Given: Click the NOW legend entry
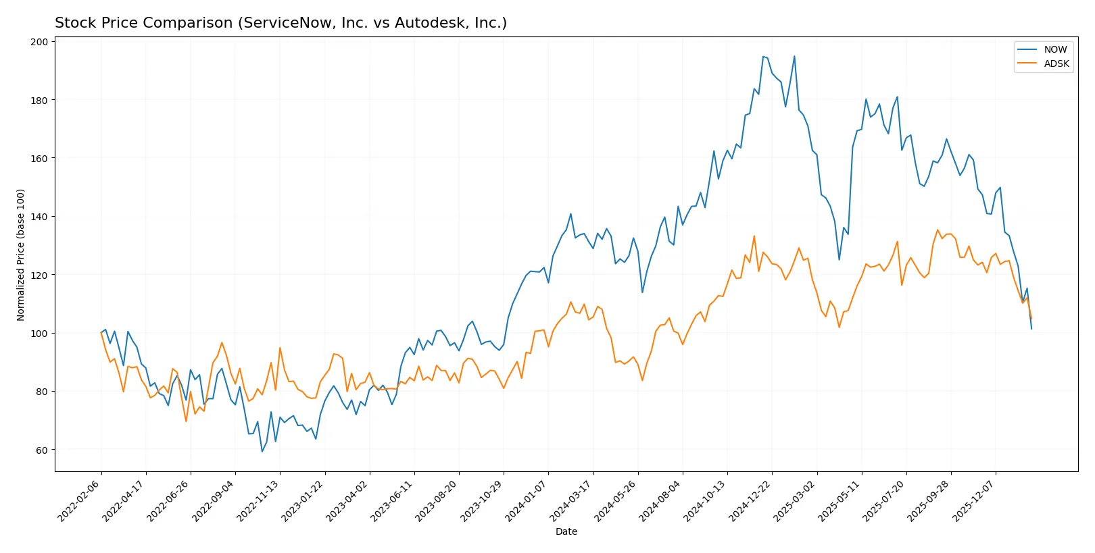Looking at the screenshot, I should (1054, 49).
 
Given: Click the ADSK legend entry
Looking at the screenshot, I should (1056, 63).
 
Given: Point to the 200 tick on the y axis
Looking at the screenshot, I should (39, 42).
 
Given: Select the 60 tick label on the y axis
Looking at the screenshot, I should (42, 450).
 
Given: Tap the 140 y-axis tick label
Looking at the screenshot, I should (39, 217).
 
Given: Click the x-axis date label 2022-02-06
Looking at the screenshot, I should (79, 500).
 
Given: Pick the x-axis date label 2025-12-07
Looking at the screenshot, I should (973, 500).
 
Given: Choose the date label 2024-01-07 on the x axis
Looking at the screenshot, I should (526, 500).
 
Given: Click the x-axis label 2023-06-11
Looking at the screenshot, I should (392, 500).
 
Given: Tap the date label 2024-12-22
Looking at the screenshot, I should (750, 500).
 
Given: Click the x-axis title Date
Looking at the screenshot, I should (566, 531).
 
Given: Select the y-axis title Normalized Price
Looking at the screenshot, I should (21, 255).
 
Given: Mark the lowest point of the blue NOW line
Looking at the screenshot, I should (262, 452).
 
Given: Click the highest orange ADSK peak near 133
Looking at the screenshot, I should (754, 236).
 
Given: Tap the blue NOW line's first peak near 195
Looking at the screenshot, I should (763, 57).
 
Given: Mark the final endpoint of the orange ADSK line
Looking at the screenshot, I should (1031, 319).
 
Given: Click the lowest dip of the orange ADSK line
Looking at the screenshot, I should (186, 421).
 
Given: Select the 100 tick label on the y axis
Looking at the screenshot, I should (39, 334).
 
